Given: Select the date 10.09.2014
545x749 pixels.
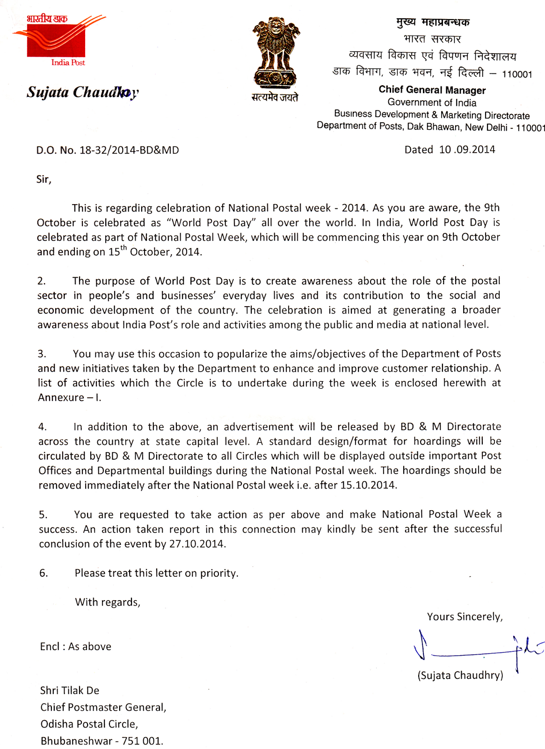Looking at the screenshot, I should [467, 150].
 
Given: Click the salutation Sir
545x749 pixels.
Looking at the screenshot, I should [44, 179].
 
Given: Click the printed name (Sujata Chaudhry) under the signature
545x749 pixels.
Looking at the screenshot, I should [460, 675].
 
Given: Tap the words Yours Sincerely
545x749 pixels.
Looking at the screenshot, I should [465, 617].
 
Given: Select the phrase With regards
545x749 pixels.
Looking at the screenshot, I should [108, 602].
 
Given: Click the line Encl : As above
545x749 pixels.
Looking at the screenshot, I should [76, 646].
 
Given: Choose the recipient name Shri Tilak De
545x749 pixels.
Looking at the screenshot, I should [70, 690].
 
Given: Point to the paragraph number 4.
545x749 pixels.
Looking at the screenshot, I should [43, 427].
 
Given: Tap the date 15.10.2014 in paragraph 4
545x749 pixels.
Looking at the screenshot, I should [368, 485].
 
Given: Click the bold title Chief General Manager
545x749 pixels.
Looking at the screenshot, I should [432, 90].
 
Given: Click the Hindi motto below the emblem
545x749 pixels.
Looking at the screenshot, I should [275, 97].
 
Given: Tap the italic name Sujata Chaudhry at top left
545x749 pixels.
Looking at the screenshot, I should [82, 92].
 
